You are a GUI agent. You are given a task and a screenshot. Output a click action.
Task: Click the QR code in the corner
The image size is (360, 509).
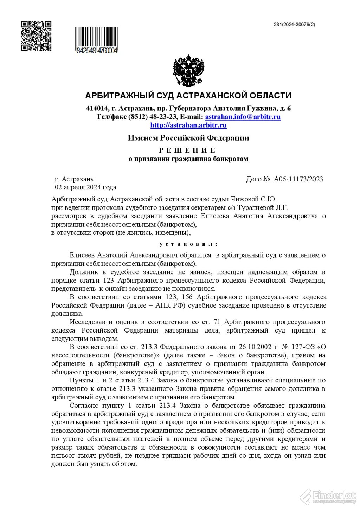36,36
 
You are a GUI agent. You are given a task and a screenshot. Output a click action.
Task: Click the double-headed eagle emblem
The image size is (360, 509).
188,70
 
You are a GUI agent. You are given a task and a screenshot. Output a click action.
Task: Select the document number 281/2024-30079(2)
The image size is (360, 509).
294,25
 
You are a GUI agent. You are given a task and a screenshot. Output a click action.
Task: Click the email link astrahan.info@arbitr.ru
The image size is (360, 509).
243,117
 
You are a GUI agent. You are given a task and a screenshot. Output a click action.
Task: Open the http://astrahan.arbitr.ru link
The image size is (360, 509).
188,125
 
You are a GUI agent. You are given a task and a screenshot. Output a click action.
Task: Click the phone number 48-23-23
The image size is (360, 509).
163,117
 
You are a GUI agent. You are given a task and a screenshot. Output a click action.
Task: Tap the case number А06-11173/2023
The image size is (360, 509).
298,179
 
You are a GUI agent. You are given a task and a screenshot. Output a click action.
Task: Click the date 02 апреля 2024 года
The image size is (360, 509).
85,187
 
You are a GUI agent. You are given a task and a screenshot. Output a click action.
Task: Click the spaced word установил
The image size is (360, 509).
188,244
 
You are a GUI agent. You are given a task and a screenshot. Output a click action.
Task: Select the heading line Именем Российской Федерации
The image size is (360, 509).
188,138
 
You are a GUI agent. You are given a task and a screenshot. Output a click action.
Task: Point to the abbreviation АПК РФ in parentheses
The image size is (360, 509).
172,305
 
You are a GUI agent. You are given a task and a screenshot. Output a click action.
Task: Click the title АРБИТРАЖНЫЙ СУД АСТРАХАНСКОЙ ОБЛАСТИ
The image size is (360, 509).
188,96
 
